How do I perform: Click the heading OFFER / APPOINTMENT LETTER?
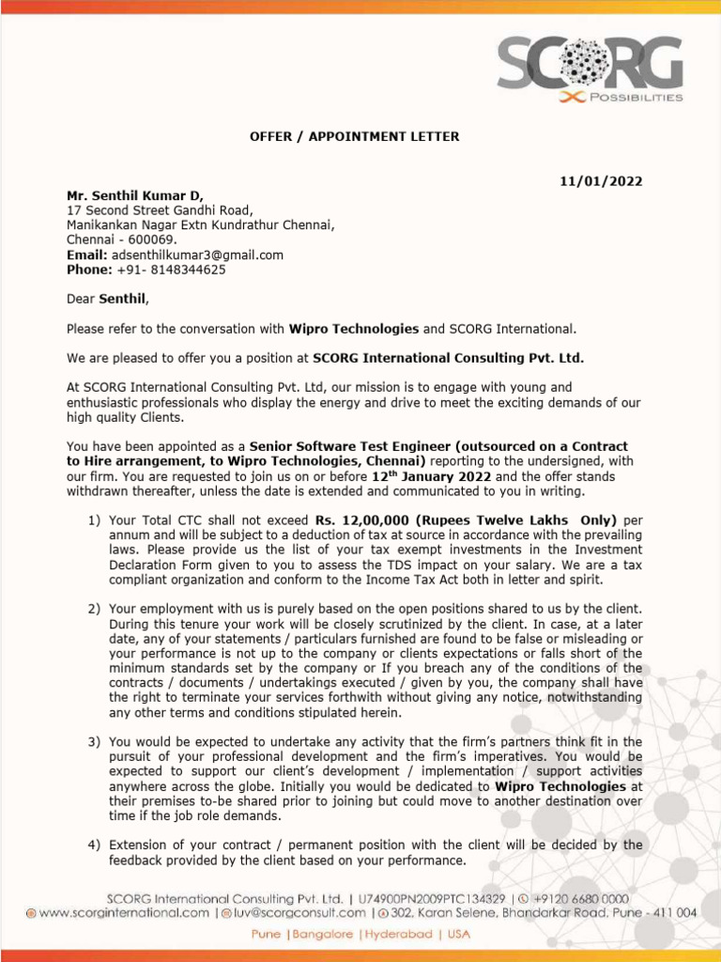coord(354,136)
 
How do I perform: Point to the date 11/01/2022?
coord(601,181)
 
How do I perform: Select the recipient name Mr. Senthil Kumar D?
coord(134,195)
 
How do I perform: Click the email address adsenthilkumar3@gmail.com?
coord(197,255)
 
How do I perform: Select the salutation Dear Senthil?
coord(107,299)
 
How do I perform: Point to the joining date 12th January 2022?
coord(431,476)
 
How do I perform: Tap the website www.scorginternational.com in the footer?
coord(124,912)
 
